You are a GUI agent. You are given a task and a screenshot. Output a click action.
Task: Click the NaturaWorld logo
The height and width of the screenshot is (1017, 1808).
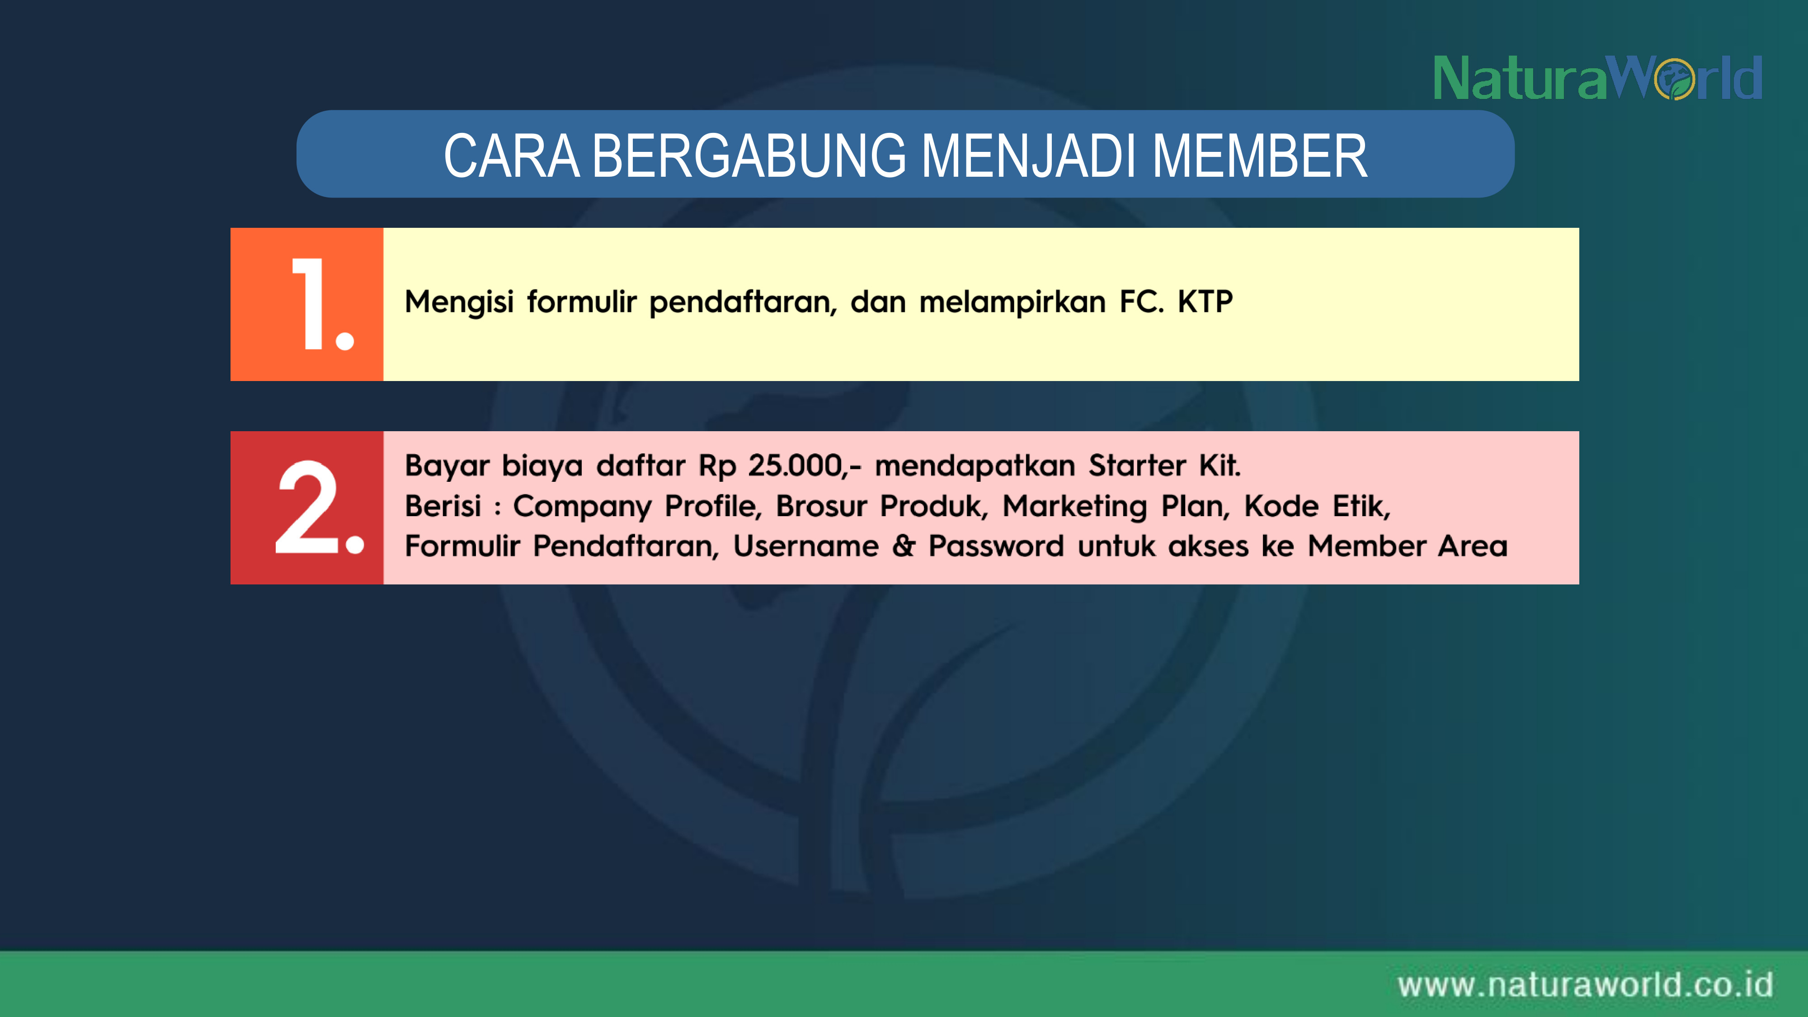pyautogui.click(x=1597, y=78)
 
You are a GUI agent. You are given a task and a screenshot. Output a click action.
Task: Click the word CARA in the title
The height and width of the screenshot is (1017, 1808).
pyautogui.click(x=512, y=156)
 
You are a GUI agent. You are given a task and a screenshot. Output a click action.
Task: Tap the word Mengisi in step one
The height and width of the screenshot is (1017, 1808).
pyautogui.click(x=460, y=302)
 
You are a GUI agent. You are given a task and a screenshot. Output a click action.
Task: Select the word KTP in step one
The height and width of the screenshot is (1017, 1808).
pyautogui.click(x=1205, y=302)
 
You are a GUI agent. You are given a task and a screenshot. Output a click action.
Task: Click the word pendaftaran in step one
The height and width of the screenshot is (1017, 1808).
pyautogui.click(x=743, y=302)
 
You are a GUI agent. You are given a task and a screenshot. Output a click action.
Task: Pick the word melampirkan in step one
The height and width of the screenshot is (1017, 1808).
pyautogui.click(x=1012, y=302)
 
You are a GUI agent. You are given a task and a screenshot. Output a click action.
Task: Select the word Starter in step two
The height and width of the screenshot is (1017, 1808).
pyautogui.click(x=1137, y=466)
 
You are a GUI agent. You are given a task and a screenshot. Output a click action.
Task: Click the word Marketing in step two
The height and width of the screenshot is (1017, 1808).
pyautogui.click(x=1074, y=507)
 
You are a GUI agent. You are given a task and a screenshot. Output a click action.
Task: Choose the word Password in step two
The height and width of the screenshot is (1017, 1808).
pyautogui.click(x=996, y=546)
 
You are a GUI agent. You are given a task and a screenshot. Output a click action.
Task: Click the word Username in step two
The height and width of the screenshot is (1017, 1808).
pyautogui.click(x=806, y=546)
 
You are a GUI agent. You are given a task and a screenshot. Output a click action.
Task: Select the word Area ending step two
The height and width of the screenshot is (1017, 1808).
pyautogui.click(x=1473, y=546)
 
